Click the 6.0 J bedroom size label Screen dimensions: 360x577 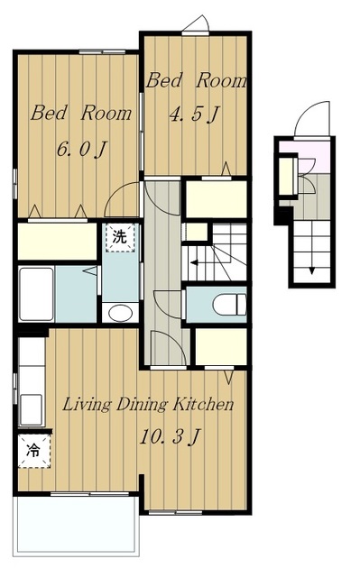pos(81,149)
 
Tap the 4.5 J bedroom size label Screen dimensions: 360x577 pos(194,114)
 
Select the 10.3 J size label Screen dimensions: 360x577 pos(170,437)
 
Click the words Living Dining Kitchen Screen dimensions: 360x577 pos(148,405)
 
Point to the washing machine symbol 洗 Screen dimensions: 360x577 pos(119,237)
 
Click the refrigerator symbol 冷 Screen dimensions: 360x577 pos(34,451)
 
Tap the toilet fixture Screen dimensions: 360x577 pos(229,305)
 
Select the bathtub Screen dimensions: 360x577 pos(36,294)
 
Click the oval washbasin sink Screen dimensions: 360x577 pos(120,313)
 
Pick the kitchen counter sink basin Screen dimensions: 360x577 pos(32,409)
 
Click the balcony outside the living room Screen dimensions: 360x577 pos(76,525)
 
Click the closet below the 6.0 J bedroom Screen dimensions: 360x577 pos(57,241)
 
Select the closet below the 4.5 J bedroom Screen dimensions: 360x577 pos(216,199)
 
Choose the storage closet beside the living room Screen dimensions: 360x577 pos(220,346)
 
